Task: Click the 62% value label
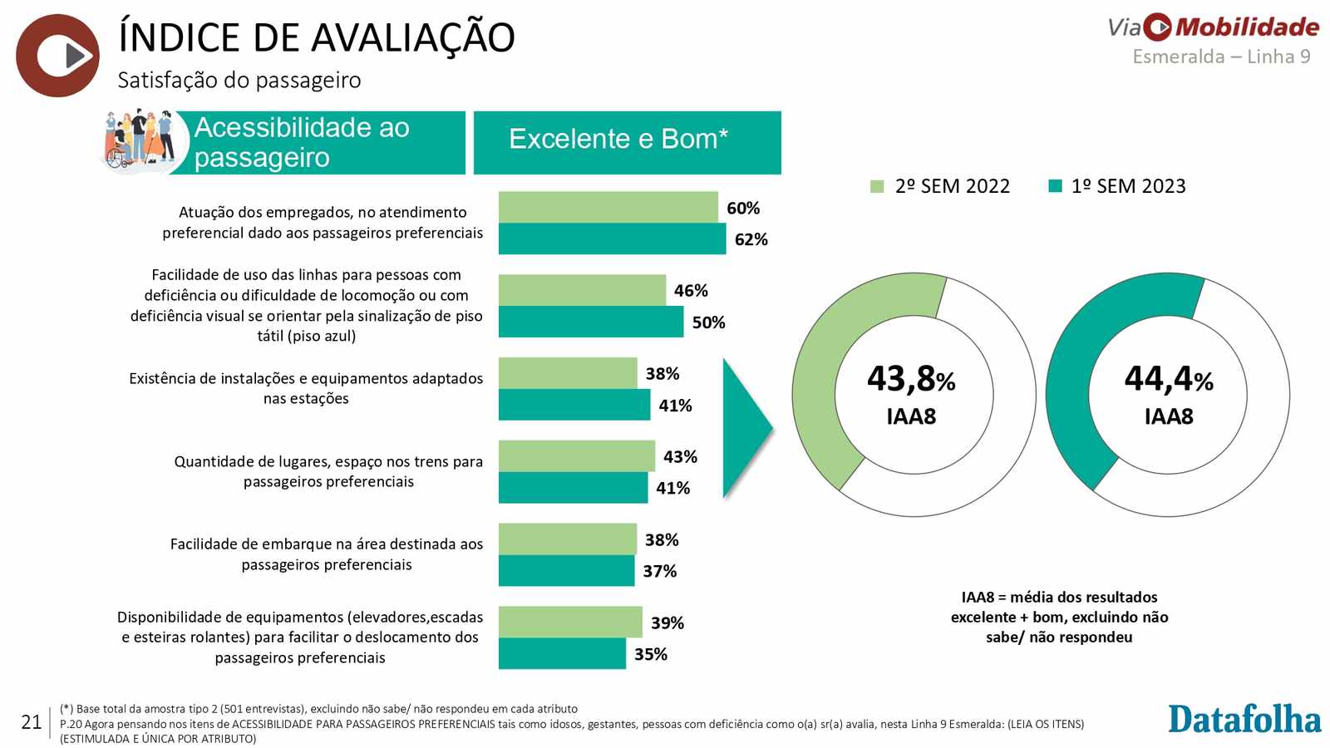tap(751, 239)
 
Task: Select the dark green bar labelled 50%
tap(591, 322)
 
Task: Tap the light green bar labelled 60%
tap(608, 207)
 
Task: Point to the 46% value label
tap(691, 290)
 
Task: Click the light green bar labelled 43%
tap(577, 456)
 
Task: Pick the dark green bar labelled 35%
tap(562, 653)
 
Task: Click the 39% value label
tap(667, 623)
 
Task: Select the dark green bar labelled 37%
tap(566, 570)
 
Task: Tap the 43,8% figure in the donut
tap(911, 378)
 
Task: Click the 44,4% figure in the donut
tap(1169, 378)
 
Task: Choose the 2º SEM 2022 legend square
tap(877, 186)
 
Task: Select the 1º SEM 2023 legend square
tap(1055, 186)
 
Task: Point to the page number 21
tap(31, 722)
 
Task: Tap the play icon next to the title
tap(57, 56)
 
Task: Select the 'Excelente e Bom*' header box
tap(627, 142)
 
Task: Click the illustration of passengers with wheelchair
tap(140, 140)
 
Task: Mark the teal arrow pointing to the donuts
tap(747, 427)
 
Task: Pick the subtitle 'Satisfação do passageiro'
tap(239, 80)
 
